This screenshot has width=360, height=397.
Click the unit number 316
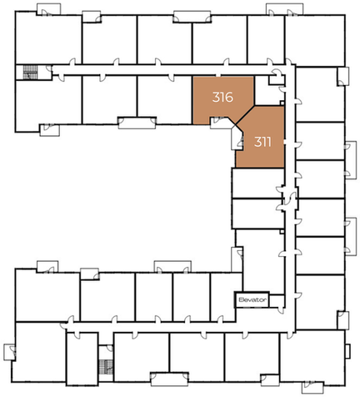(x=222, y=97)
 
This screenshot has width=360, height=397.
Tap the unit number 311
(x=262, y=142)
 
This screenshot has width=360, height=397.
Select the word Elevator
(x=252, y=299)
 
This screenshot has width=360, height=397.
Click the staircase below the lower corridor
(x=106, y=367)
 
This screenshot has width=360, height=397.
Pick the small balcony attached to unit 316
(x=221, y=123)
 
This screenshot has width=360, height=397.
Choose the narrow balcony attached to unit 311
(x=237, y=138)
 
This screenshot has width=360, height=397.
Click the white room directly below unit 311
(x=257, y=183)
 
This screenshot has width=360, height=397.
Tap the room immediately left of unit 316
(x=165, y=99)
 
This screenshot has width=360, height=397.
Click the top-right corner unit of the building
(x=315, y=40)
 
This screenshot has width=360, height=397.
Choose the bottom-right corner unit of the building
(x=312, y=357)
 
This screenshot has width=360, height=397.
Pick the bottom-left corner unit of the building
(x=40, y=352)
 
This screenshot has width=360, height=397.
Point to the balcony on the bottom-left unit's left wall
(x=9, y=352)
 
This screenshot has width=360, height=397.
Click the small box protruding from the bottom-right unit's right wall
(x=347, y=351)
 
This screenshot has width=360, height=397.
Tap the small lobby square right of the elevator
(x=277, y=301)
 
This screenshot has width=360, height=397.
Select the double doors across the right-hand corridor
(x=290, y=198)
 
